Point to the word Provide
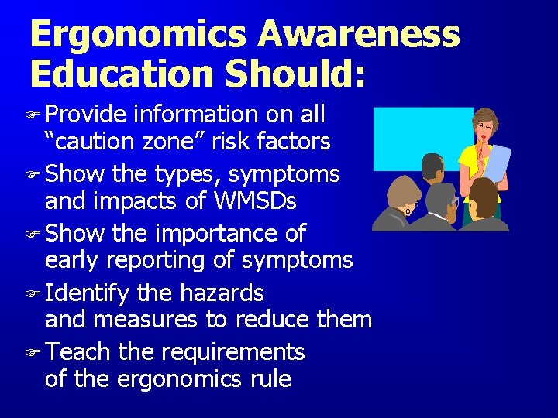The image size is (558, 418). [x=85, y=115]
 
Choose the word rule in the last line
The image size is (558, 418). [x=267, y=379]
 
